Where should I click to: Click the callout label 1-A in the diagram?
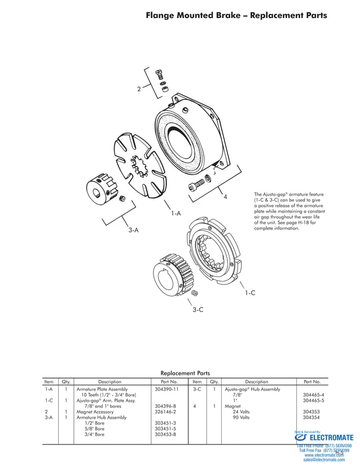[176, 213]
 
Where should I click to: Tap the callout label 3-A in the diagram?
[133, 230]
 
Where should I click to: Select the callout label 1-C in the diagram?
[250, 293]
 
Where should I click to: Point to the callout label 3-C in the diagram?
[197, 310]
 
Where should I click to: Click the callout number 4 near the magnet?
[225, 197]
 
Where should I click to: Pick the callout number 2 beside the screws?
[139, 89]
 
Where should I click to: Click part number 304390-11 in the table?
[166, 389]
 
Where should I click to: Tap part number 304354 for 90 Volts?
[311, 417]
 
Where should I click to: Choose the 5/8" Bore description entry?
[94, 429]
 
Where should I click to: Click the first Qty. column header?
[65, 382]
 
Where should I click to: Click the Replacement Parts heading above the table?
[185, 373]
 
